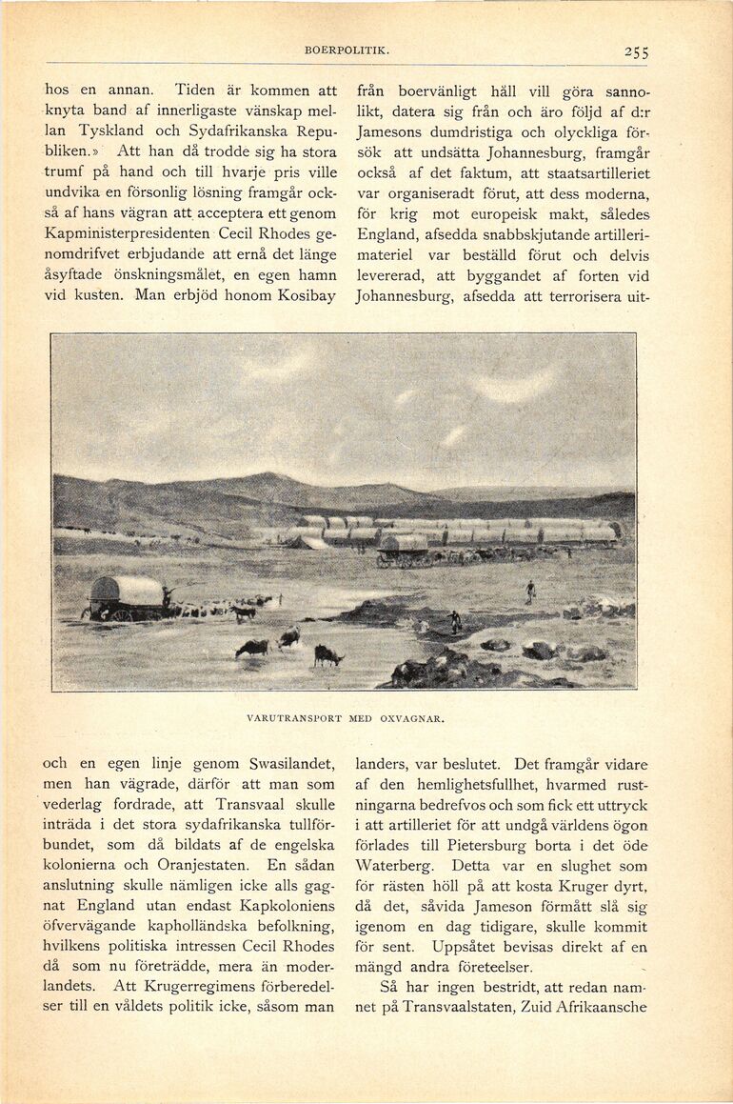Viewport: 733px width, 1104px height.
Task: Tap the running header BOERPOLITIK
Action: click(347, 50)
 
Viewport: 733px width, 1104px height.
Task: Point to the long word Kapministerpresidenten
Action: click(129, 233)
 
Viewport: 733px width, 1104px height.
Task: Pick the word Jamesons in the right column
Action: click(396, 132)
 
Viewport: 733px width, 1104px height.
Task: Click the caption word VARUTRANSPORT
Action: click(291, 718)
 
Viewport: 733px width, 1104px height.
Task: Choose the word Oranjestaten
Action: click(201, 865)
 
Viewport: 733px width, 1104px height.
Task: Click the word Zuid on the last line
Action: click(504, 1007)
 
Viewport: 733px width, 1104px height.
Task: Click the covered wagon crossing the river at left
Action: click(126, 596)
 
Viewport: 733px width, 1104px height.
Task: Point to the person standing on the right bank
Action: click(530, 592)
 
